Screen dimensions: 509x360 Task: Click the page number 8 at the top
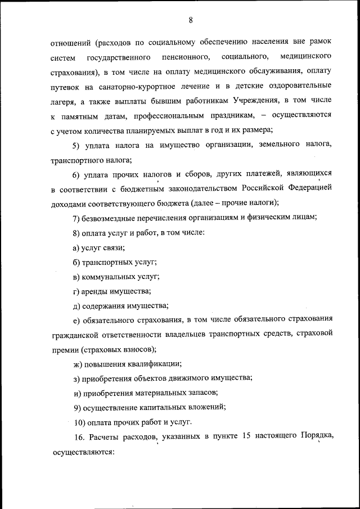pyautogui.click(x=191, y=20)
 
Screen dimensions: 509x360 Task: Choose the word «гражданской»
pyautogui.click(x=75, y=335)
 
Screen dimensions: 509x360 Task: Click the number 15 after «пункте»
pyautogui.click(x=245, y=437)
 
